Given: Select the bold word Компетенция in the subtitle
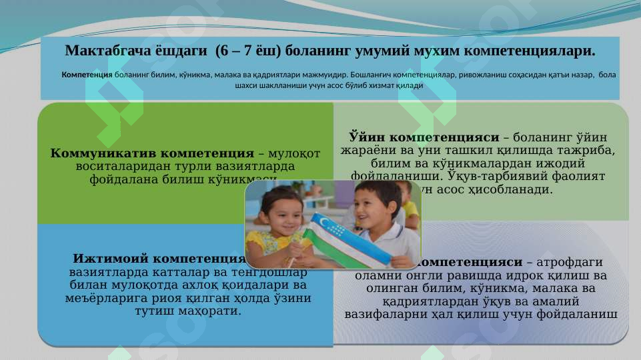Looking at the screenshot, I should [x=87, y=75].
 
